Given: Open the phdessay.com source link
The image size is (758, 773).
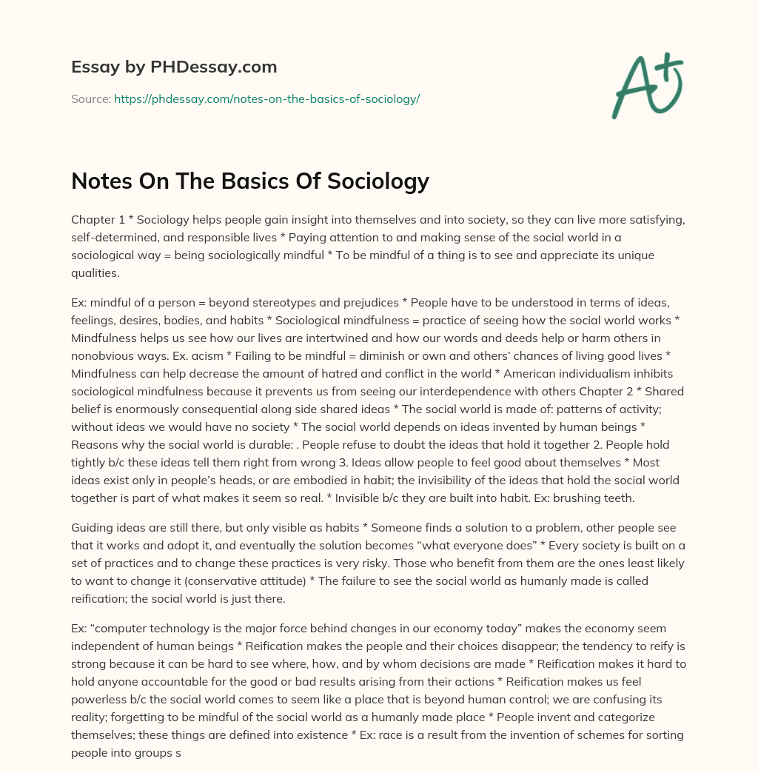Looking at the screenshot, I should [x=266, y=98].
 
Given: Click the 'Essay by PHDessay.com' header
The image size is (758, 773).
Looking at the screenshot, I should [x=174, y=67].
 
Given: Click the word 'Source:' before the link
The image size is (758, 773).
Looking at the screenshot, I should [x=90, y=98].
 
